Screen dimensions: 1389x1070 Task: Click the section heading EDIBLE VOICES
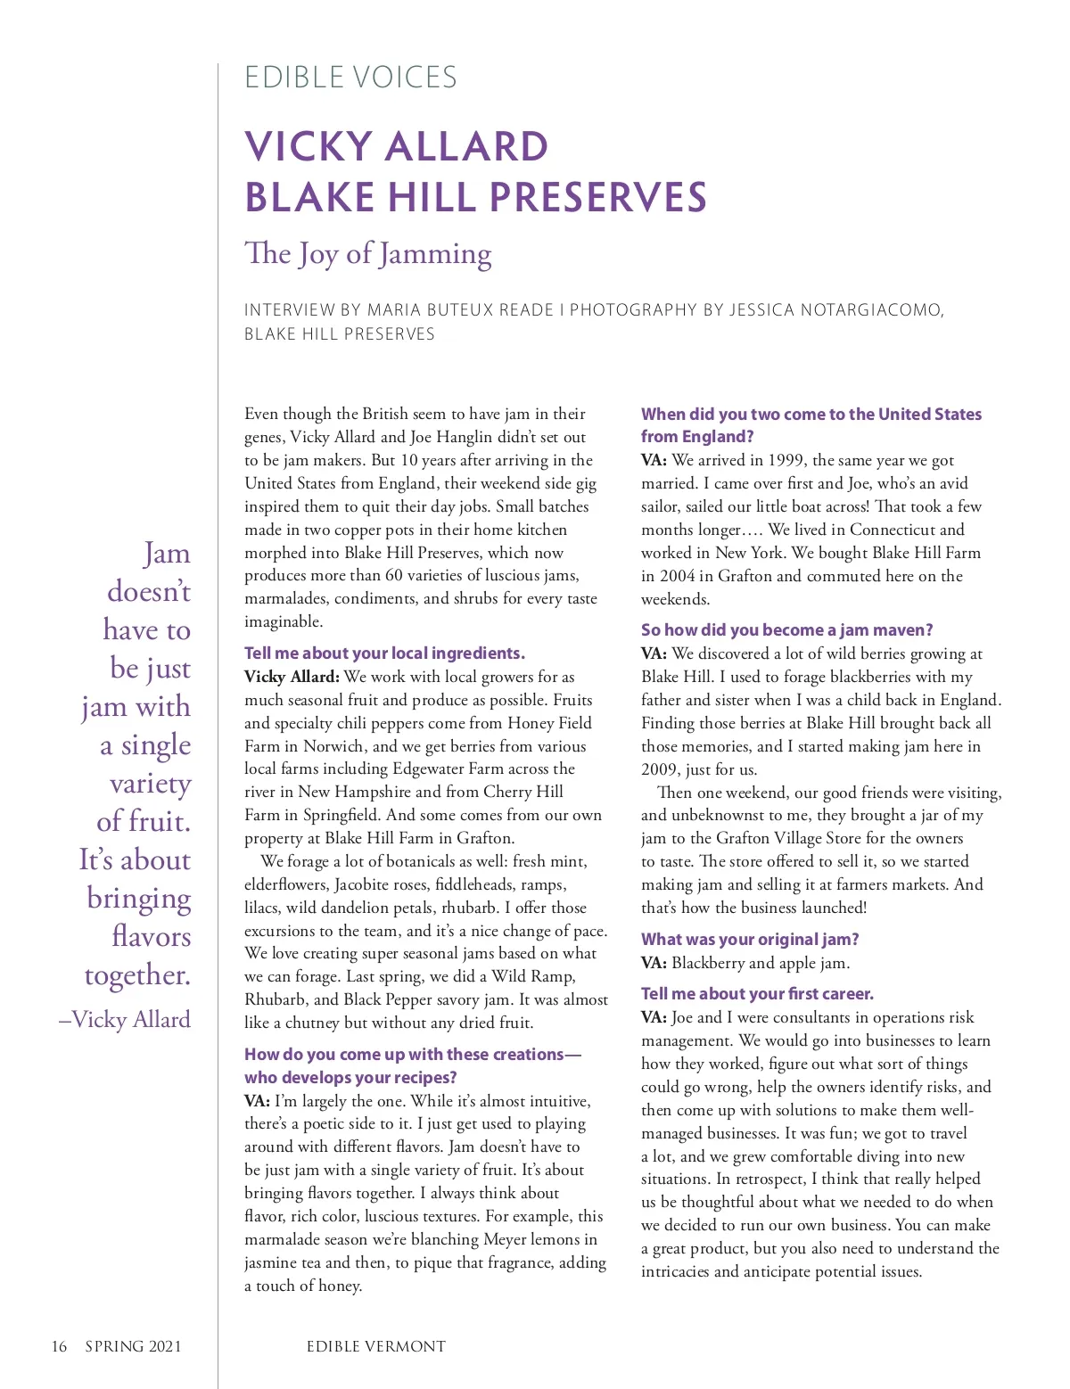point(350,78)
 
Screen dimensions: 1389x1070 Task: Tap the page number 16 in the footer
point(59,1346)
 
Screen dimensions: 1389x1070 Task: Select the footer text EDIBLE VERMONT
point(375,1346)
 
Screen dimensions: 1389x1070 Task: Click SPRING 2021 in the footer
point(133,1346)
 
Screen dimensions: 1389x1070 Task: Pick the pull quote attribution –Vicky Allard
point(125,1019)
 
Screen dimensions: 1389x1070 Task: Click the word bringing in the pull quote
point(139,899)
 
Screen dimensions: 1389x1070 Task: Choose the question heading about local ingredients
point(384,653)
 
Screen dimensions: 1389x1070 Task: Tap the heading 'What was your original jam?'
point(750,939)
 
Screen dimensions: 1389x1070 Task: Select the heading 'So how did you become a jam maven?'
point(786,630)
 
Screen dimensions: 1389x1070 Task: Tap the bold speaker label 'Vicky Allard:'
point(292,677)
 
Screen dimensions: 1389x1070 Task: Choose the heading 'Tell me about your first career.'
point(757,994)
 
